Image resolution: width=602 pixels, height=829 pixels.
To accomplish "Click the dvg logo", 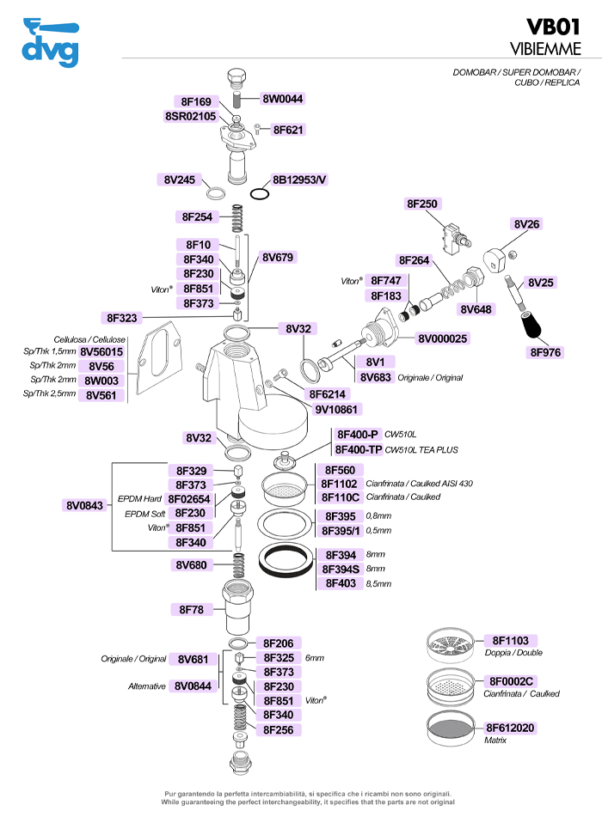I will (51, 43).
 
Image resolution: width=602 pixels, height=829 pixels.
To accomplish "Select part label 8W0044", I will (283, 99).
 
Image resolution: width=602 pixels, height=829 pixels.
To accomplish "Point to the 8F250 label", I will (422, 204).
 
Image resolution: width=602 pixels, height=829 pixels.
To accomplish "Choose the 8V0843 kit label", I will (84, 505).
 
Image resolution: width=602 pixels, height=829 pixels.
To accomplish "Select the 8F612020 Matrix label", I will (511, 728).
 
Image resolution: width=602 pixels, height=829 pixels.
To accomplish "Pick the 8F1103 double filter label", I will (510, 640).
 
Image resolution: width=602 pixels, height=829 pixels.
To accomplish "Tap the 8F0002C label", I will (511, 681).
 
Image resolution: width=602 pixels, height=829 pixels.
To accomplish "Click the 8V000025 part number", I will (443, 338).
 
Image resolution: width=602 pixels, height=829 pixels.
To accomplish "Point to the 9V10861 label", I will (336, 409).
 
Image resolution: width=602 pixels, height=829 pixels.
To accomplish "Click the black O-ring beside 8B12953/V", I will (261, 193).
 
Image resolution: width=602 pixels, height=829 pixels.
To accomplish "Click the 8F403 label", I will (339, 583).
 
